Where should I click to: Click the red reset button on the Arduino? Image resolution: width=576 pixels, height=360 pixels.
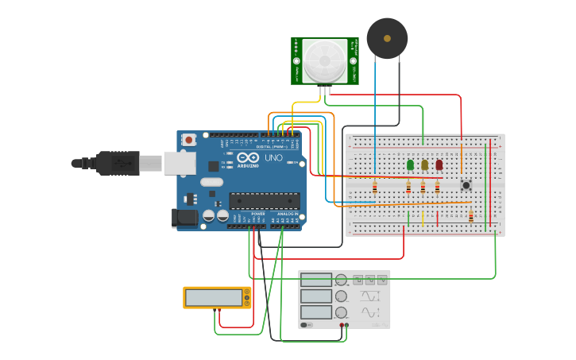(x=189, y=140)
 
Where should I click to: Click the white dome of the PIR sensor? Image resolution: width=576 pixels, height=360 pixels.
(x=325, y=60)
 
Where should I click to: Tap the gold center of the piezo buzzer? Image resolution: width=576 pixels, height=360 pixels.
(x=387, y=37)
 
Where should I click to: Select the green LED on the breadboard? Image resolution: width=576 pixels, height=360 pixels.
(x=410, y=165)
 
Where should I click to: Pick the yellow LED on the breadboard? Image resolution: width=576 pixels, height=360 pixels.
(x=424, y=165)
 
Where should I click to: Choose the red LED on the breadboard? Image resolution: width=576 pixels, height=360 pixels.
(x=439, y=165)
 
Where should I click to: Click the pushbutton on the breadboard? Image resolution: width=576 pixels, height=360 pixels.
(x=466, y=185)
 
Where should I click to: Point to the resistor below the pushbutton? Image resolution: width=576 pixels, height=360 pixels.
(x=470, y=216)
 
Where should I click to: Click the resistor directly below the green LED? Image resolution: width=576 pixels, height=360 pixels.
(x=409, y=188)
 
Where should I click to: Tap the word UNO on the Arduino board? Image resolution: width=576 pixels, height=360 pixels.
(x=273, y=158)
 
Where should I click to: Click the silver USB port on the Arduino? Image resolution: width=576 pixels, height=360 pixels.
(x=180, y=163)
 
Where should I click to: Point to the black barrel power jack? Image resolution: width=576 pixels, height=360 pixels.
(x=184, y=218)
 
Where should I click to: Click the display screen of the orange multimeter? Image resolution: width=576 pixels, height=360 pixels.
(x=214, y=298)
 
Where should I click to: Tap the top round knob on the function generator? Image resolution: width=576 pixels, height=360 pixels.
(x=342, y=280)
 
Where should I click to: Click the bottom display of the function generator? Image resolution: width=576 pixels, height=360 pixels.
(x=315, y=312)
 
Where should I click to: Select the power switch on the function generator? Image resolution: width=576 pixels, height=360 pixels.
(x=307, y=324)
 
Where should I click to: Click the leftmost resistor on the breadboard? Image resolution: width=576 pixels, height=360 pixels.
(x=374, y=188)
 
